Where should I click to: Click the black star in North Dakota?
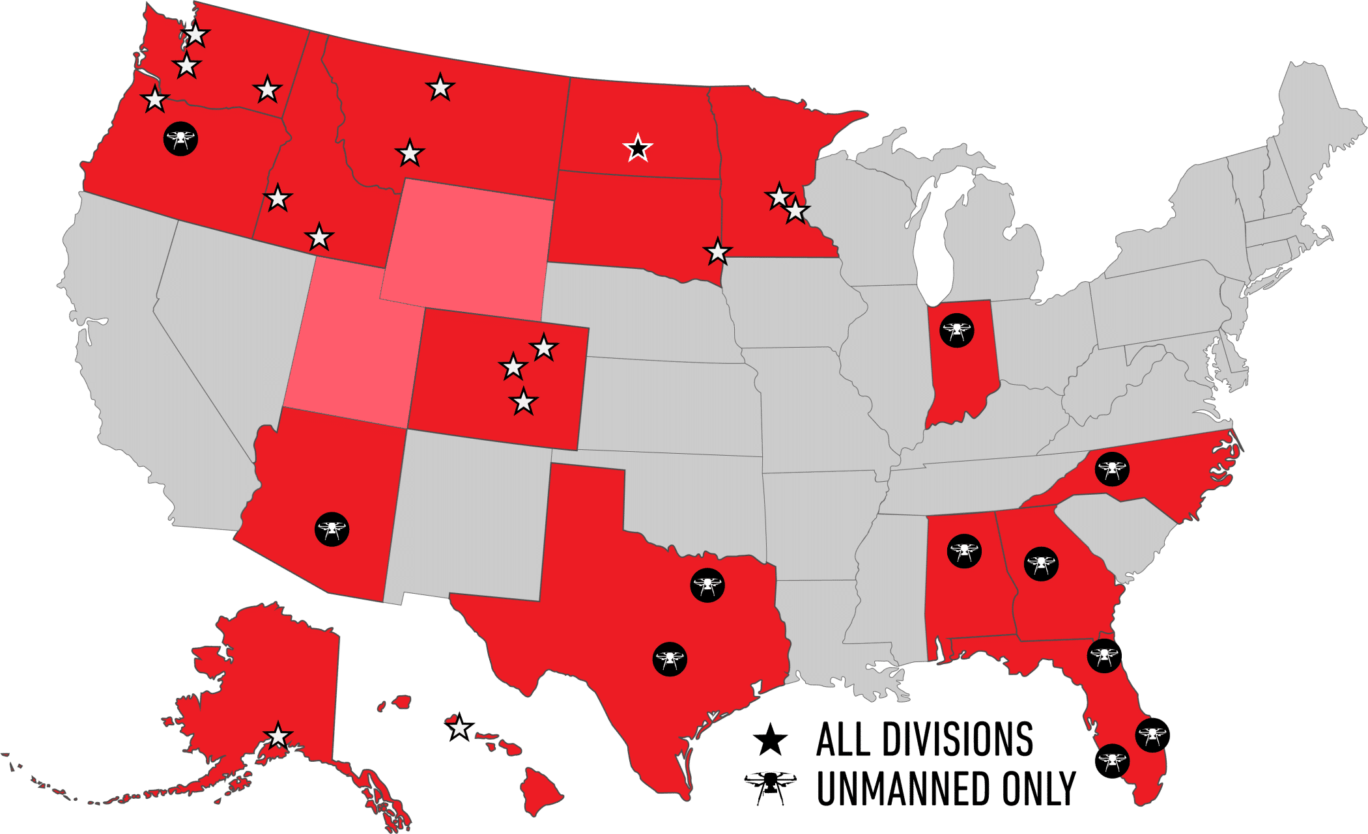click(x=638, y=148)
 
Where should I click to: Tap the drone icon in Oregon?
click(x=180, y=139)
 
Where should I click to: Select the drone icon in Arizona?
click(x=332, y=529)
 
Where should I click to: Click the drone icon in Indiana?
click(x=956, y=330)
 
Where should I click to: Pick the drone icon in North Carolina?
click(x=1111, y=469)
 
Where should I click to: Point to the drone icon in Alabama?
click(x=964, y=551)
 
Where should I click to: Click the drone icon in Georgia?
click(x=1041, y=564)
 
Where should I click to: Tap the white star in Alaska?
click(x=278, y=736)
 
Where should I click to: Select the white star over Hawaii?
click(x=459, y=727)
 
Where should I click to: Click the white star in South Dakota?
click(x=717, y=252)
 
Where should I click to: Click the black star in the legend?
click(x=770, y=740)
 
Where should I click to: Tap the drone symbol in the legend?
click(x=770, y=787)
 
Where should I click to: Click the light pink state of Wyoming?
click(x=467, y=247)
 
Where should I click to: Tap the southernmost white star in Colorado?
click(x=524, y=402)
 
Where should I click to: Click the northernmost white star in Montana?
click(x=440, y=87)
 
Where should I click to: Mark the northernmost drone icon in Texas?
click(x=707, y=585)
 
